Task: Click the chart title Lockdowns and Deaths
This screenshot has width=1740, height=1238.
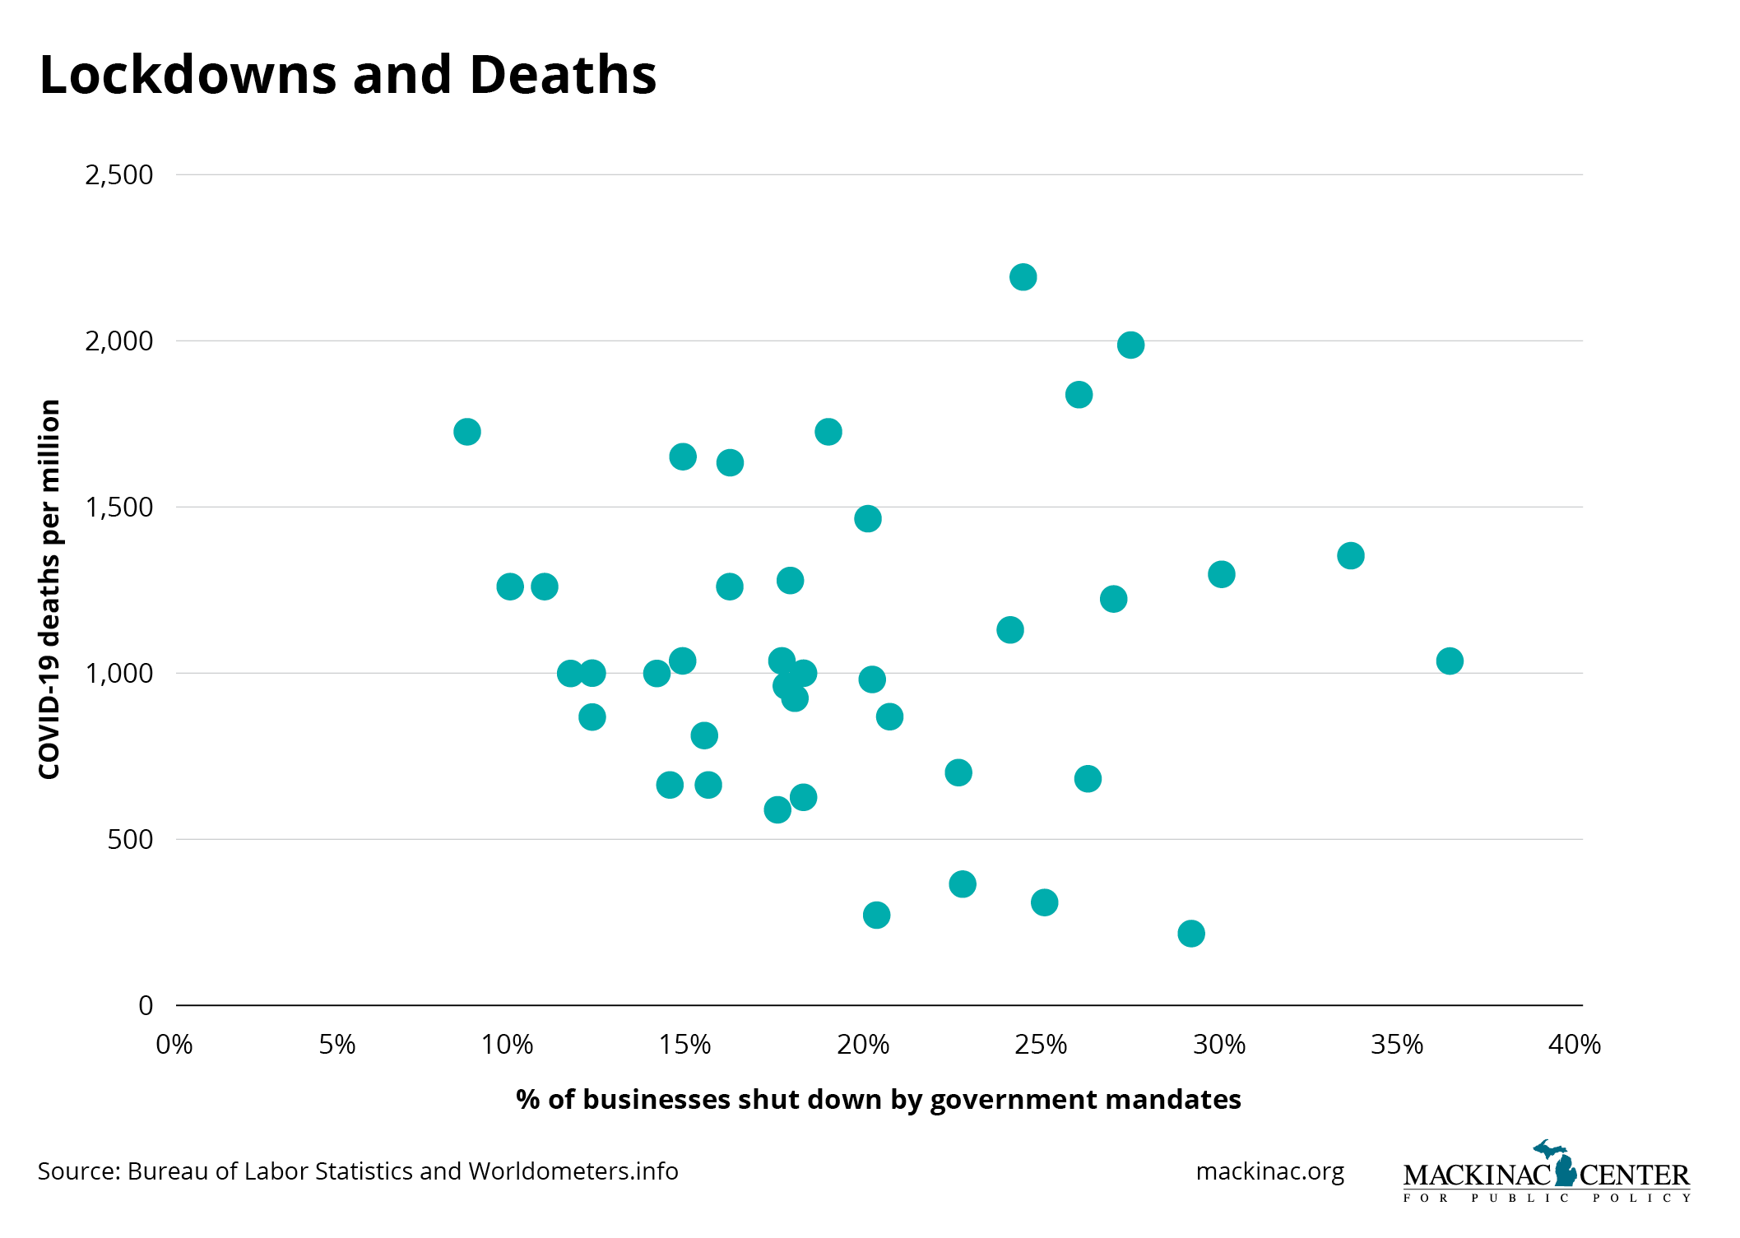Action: (x=347, y=75)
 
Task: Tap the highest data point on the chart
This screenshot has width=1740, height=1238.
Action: (x=1023, y=277)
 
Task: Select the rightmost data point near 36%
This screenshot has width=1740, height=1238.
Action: (x=1450, y=661)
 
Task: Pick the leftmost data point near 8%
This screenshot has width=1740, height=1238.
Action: (x=467, y=432)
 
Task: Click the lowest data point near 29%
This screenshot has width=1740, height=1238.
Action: (x=1191, y=934)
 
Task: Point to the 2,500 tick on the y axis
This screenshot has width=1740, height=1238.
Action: (x=119, y=175)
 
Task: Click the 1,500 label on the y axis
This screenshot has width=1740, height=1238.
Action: (x=119, y=508)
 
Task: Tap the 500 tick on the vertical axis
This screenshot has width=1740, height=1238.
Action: (x=130, y=840)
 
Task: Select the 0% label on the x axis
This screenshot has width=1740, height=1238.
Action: (x=174, y=1045)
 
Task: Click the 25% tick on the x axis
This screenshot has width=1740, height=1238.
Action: (x=1041, y=1045)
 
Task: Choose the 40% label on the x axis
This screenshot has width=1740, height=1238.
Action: (x=1575, y=1045)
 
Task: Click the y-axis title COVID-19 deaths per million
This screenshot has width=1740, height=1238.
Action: (x=50, y=589)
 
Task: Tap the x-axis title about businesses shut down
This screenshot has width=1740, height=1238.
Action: (x=878, y=1100)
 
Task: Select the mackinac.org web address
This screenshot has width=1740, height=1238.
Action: (x=1269, y=1171)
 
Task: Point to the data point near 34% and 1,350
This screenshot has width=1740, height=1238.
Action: (x=1351, y=556)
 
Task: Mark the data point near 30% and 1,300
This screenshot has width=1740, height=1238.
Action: (x=1222, y=574)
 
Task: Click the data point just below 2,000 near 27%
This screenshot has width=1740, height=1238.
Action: (x=1130, y=345)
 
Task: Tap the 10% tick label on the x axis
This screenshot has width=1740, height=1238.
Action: (x=507, y=1045)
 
